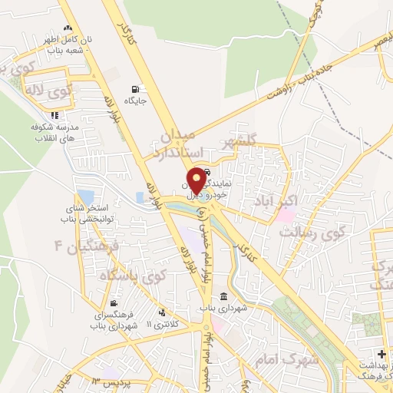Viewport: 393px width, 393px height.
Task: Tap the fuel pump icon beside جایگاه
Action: [136, 88]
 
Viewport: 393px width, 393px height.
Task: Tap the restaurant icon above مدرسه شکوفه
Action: [54, 116]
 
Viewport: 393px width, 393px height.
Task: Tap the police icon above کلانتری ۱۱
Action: [163, 312]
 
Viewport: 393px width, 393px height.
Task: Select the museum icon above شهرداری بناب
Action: [223, 297]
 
